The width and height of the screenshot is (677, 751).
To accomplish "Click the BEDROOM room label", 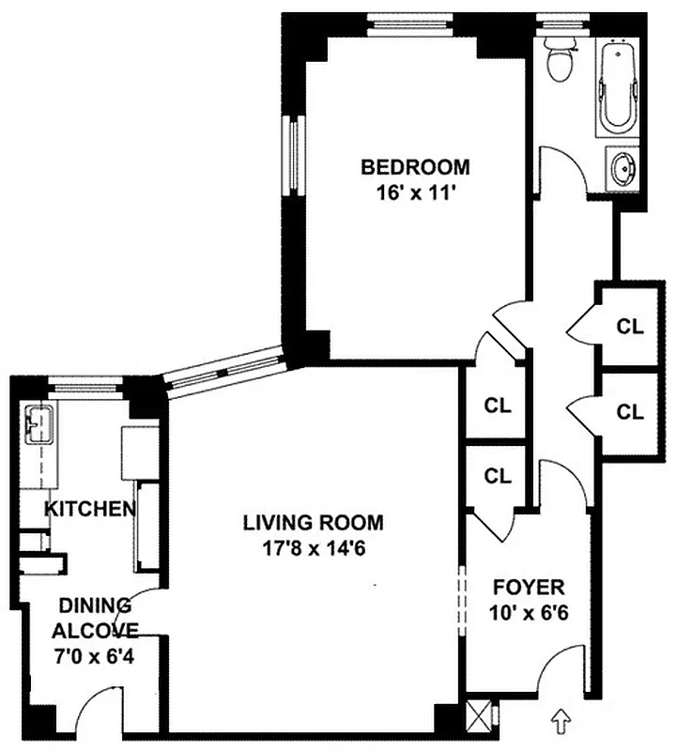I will pos(415,168).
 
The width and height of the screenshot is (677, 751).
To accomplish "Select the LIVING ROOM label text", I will pos(314,522).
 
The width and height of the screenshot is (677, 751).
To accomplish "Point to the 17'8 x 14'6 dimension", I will pos(314,548).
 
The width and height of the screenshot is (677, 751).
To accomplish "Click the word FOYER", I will pos(529,589).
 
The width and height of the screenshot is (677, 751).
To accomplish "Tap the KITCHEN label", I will pos(90,510).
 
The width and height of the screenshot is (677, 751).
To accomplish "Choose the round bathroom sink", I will pos(623,170).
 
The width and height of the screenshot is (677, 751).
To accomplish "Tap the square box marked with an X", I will pos(479,714).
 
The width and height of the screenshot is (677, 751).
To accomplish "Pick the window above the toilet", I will pos(559,21).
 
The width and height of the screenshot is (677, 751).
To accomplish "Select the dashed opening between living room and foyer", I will pos(461,601).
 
